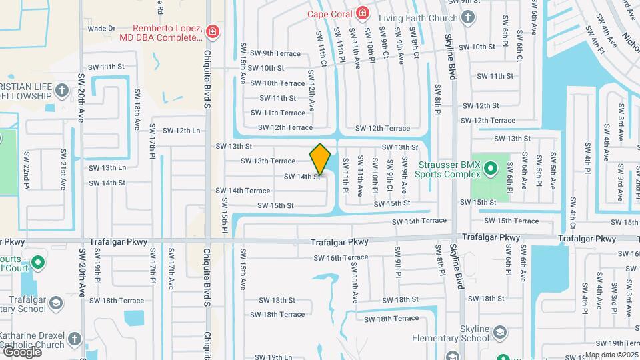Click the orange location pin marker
tap(321, 160)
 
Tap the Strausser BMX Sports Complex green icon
tap(491, 168)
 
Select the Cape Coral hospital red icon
tap(362, 13)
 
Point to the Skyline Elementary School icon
tap(501, 331)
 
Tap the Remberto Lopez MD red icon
tap(212, 31)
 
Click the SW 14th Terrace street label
tap(243, 191)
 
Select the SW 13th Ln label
tap(107, 167)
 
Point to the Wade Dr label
tap(102, 29)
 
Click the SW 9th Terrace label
tap(273, 53)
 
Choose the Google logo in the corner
tap(21, 351)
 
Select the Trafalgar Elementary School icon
tap(57, 303)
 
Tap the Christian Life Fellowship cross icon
tap(61, 90)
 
